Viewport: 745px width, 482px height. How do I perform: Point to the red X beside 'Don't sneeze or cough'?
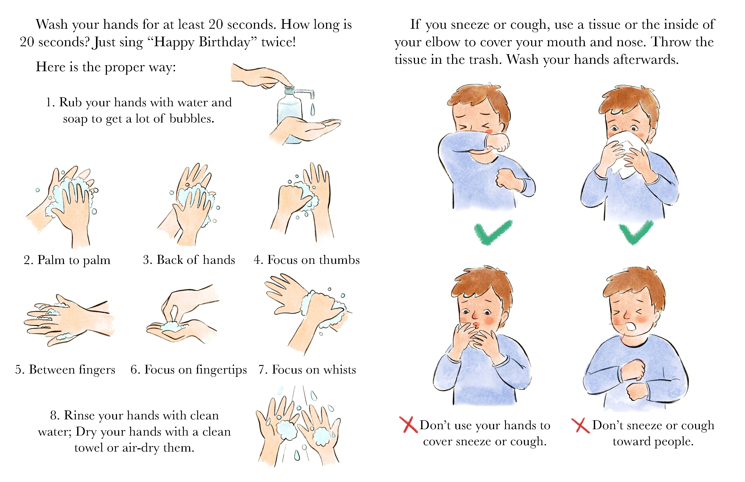coord(581,425)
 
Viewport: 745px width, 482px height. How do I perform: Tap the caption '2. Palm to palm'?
coord(67,260)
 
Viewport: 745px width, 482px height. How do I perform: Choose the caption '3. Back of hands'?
coord(189,260)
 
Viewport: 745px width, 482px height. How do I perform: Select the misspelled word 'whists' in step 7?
coord(340,370)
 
